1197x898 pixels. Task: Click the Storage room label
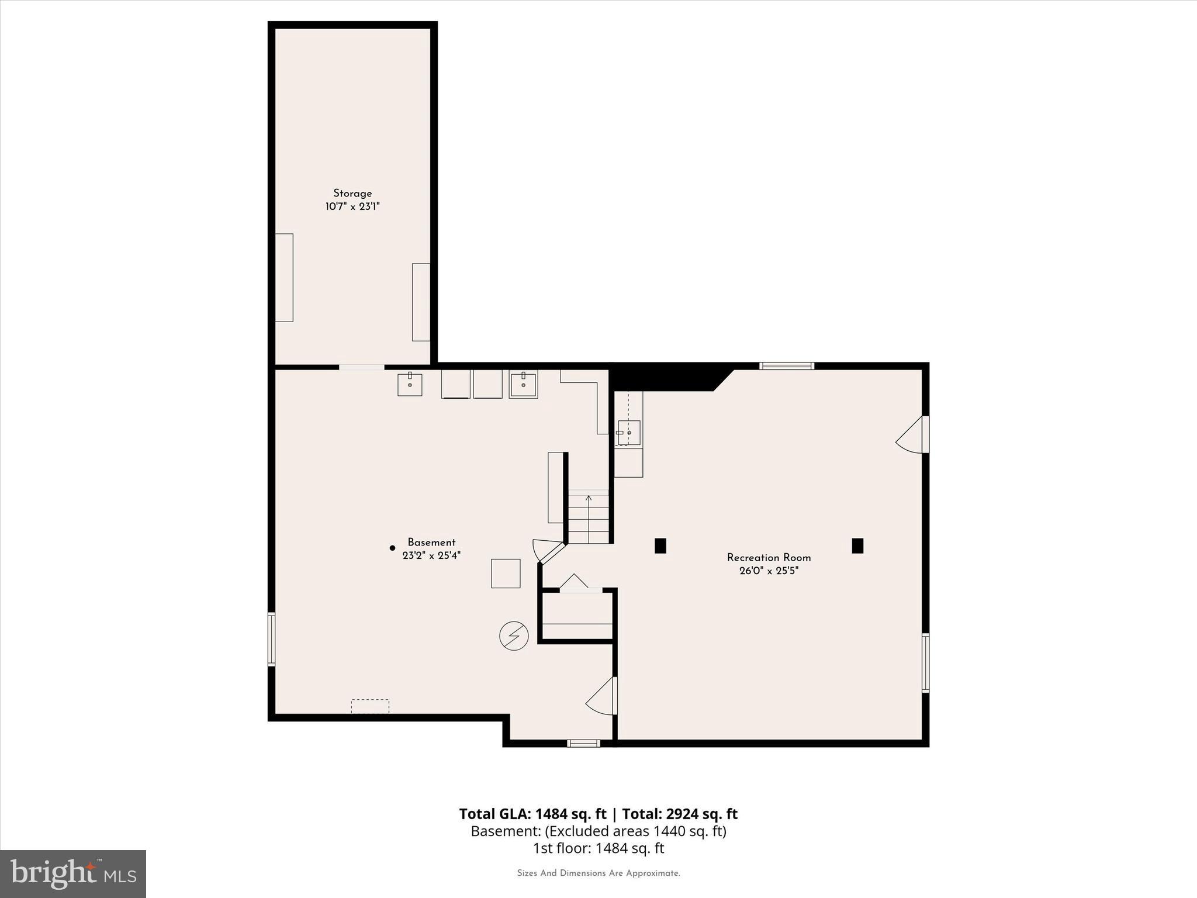point(352,194)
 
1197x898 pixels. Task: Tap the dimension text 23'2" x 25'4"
point(431,555)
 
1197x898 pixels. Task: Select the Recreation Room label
point(769,558)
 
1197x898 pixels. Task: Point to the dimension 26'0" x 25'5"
point(769,571)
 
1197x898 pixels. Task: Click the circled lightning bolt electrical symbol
point(514,635)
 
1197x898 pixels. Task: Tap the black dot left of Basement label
point(392,548)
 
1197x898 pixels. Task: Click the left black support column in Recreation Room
point(660,545)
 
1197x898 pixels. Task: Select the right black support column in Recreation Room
point(857,545)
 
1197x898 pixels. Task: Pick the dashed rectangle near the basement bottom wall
point(370,706)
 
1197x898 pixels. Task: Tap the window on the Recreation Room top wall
point(786,366)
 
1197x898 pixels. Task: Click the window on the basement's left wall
point(272,639)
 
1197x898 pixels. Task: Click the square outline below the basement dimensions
point(506,574)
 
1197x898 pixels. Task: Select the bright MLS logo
point(73,873)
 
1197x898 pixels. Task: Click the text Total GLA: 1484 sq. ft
point(532,814)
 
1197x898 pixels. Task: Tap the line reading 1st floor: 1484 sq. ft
point(598,848)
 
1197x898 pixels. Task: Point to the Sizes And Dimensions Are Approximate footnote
point(598,873)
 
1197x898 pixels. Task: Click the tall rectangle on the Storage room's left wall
point(284,278)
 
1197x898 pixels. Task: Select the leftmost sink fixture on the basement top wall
point(410,384)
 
